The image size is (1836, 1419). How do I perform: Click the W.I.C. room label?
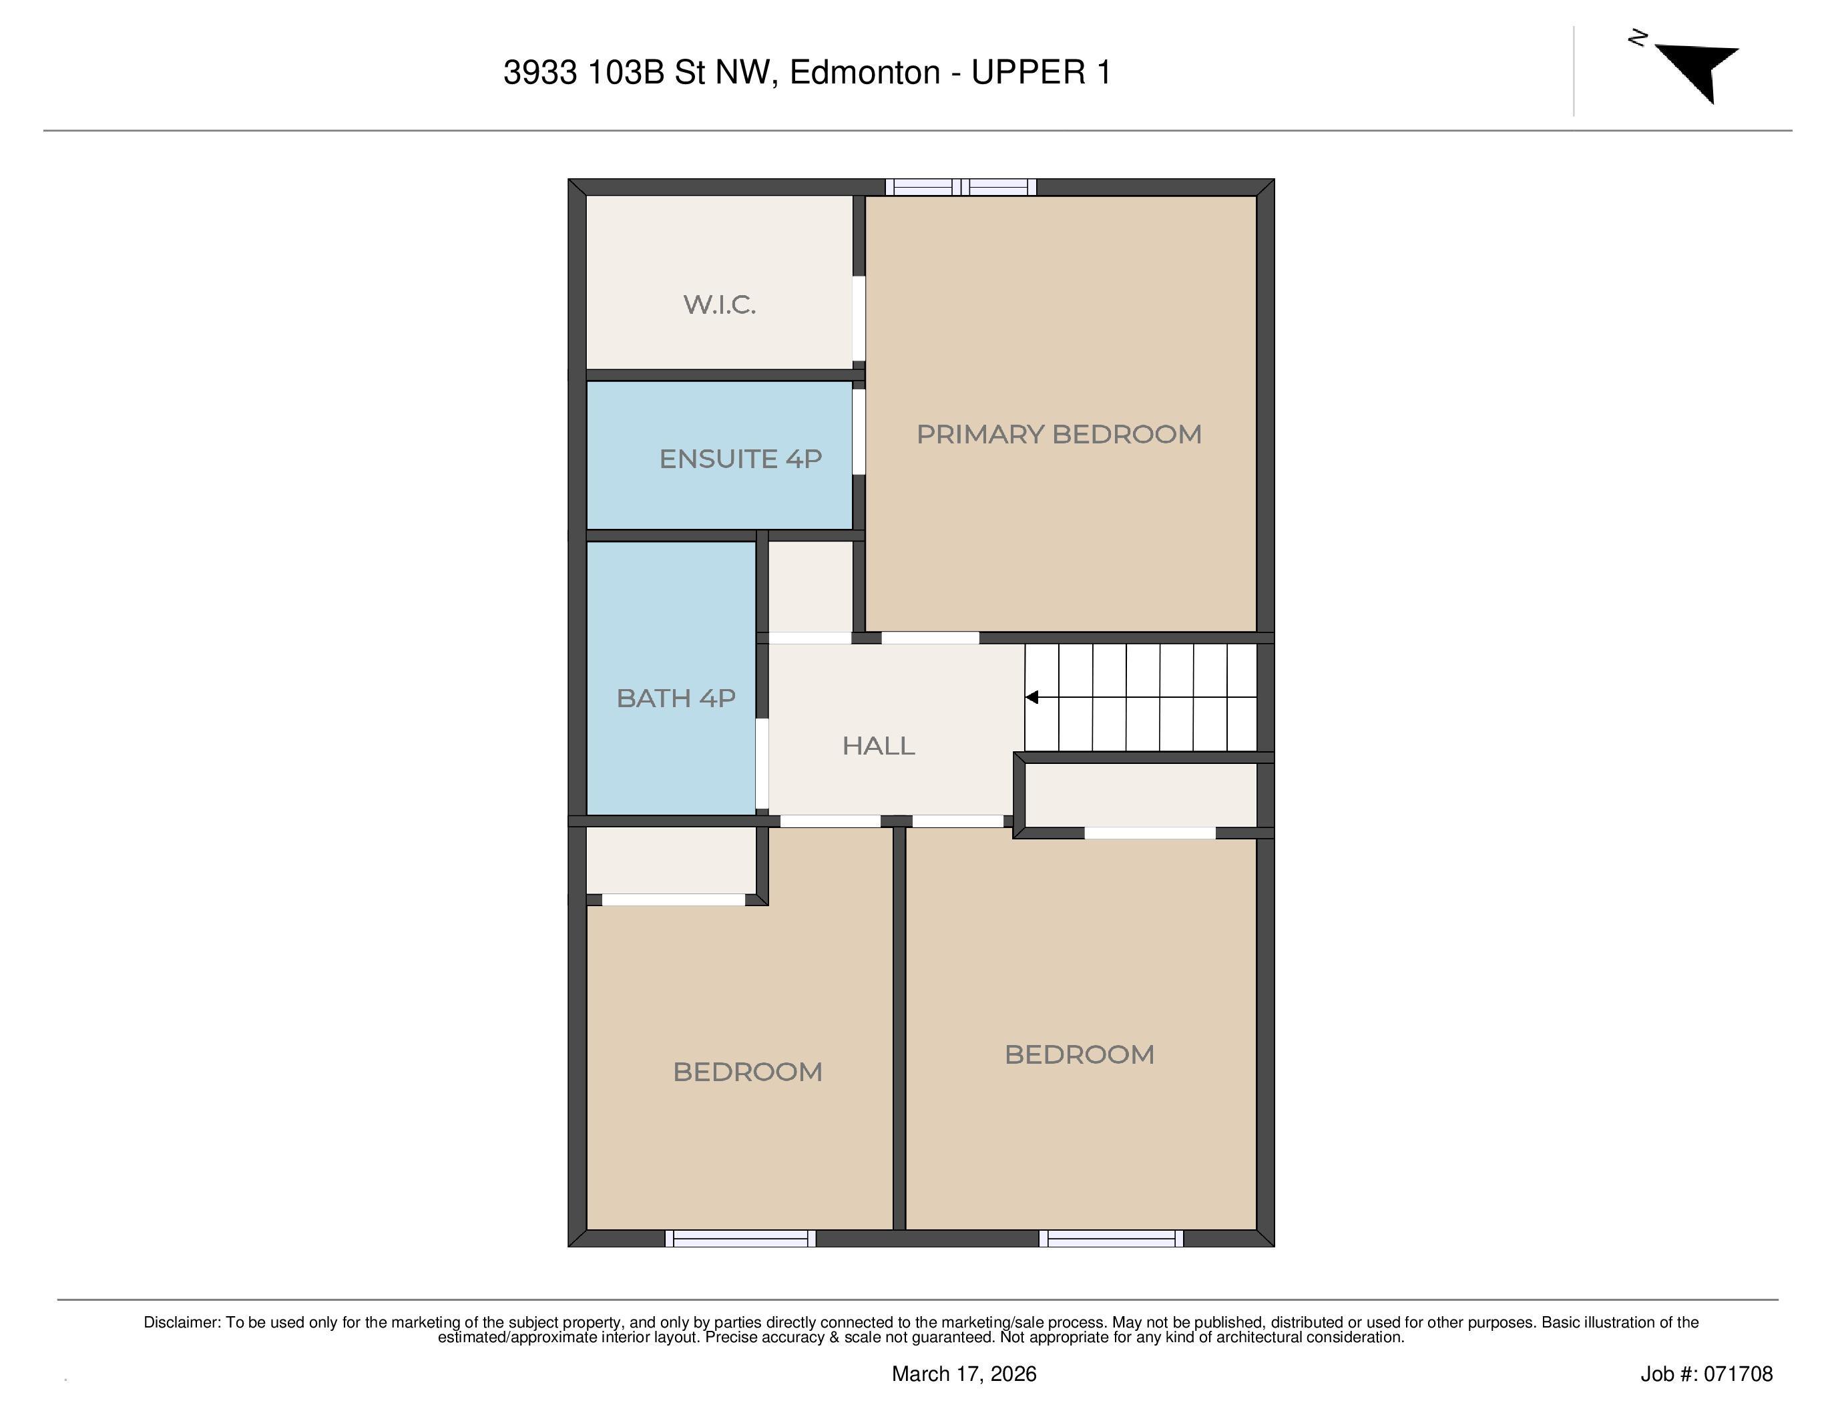point(720,305)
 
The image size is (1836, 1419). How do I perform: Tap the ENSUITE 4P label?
point(740,459)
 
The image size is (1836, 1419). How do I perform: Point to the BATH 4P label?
point(676,698)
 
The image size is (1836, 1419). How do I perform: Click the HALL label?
point(879,746)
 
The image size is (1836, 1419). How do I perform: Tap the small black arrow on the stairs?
point(1031,697)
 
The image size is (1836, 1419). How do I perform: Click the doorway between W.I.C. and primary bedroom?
point(859,319)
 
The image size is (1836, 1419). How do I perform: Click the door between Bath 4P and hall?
point(762,763)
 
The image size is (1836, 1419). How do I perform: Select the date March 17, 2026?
point(963,1374)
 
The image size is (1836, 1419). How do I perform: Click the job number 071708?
point(1739,1374)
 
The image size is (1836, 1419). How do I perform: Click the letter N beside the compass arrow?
point(1637,38)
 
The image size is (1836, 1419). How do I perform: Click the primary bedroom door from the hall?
point(930,638)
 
